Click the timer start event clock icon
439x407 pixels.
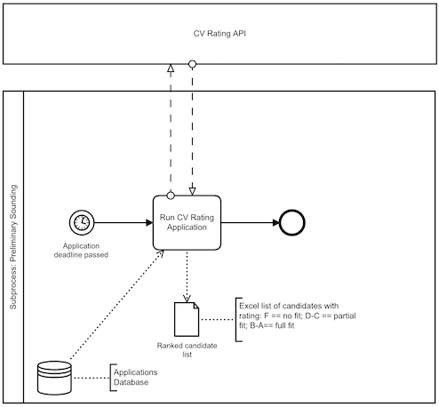coord(80,221)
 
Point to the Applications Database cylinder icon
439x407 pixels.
coord(52,377)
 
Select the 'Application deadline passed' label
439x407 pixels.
coord(80,251)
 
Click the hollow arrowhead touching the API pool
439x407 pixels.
coord(170,68)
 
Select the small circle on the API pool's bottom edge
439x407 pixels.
coord(191,64)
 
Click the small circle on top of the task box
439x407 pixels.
coord(170,193)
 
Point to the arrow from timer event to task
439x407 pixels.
coord(120,221)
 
